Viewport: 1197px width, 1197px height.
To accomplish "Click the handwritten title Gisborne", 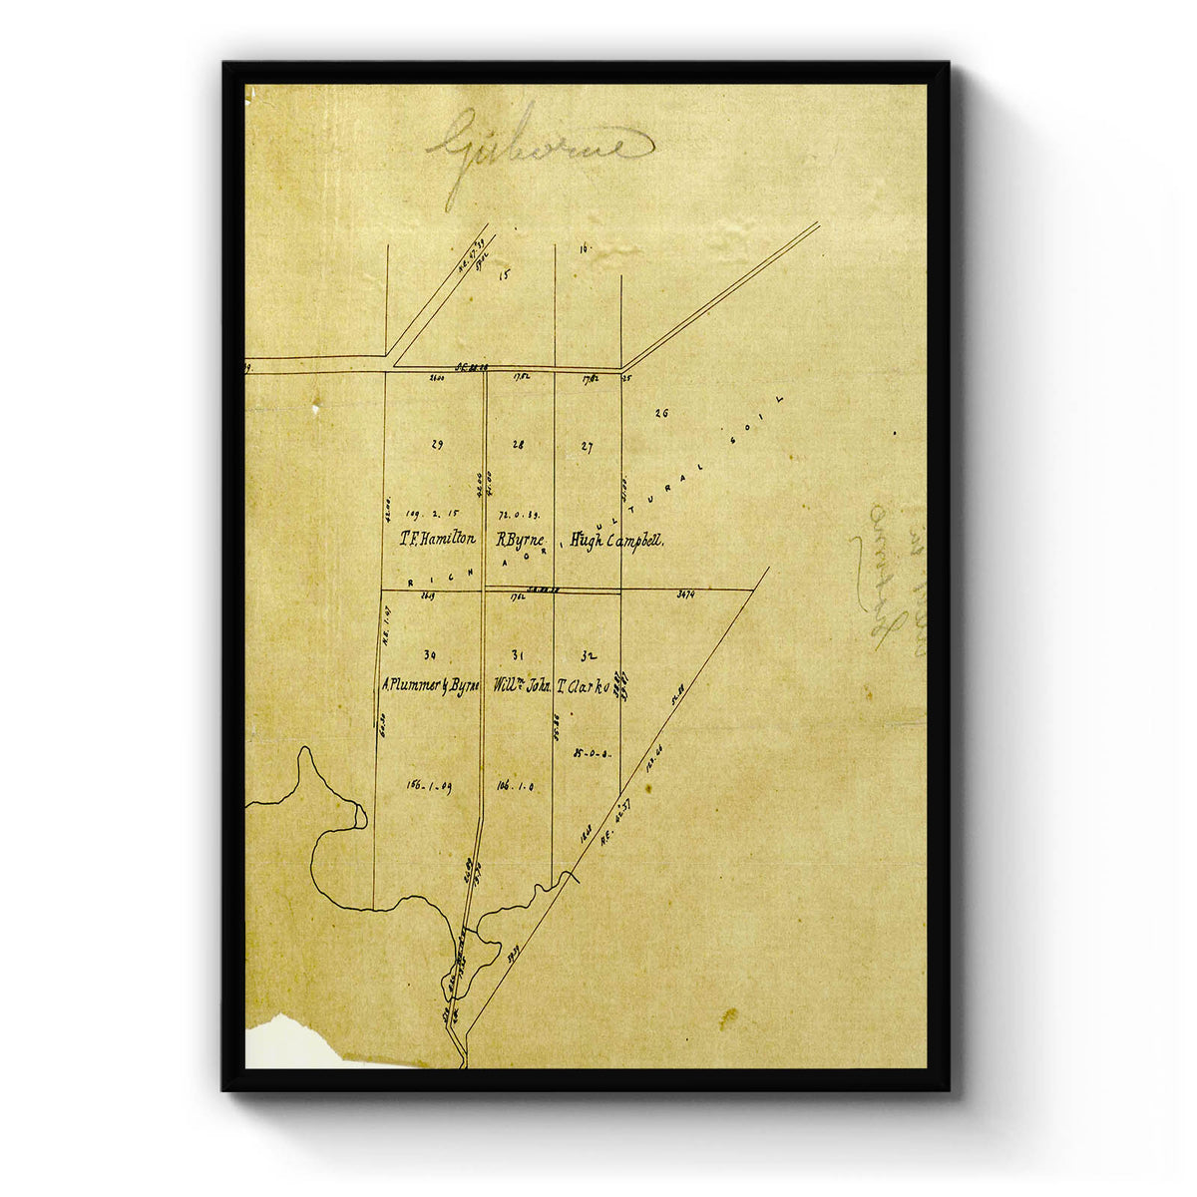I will tap(540, 147).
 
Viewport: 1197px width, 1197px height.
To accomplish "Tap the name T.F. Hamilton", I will tap(437, 540).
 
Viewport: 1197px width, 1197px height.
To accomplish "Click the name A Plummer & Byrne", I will tap(431, 686).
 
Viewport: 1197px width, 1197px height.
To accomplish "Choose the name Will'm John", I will tap(522, 686).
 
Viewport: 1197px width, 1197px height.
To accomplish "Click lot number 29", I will tap(436, 445).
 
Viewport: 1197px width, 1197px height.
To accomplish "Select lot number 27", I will tap(587, 447).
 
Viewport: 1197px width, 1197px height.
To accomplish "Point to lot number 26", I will tap(660, 413).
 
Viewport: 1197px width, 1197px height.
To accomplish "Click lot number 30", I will tap(429, 655).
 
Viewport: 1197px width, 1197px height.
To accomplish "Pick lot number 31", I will tap(517, 655).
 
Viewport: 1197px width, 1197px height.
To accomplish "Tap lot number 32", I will tap(588, 656).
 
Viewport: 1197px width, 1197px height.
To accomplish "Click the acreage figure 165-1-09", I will tap(429, 785).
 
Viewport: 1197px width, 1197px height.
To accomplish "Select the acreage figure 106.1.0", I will tap(515, 786).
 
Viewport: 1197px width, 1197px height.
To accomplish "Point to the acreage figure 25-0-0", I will tap(592, 754).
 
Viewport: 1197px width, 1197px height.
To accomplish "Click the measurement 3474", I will tap(684, 595).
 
